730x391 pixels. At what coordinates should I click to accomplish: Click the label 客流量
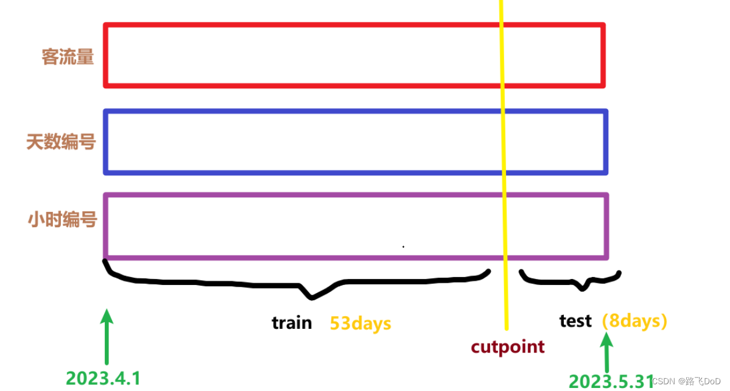click(x=68, y=57)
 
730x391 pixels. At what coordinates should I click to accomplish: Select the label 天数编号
click(x=61, y=142)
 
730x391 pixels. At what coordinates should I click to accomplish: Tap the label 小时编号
click(x=62, y=219)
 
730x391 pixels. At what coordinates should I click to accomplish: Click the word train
click(x=292, y=323)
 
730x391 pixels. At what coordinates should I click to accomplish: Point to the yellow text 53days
click(x=360, y=323)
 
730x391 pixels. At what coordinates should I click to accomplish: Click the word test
click(x=575, y=320)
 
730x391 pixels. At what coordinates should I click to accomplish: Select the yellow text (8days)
click(x=634, y=320)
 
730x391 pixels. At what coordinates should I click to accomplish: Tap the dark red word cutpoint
click(x=508, y=347)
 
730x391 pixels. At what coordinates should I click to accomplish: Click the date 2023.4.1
click(x=103, y=378)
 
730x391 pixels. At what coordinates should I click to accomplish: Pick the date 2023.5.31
click(x=611, y=381)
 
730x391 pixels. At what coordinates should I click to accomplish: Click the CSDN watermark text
click(x=686, y=381)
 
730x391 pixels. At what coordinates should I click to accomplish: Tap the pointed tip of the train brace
click(x=312, y=298)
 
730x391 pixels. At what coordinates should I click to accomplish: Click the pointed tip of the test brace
click(x=583, y=289)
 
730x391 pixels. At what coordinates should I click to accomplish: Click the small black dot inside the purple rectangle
click(x=403, y=247)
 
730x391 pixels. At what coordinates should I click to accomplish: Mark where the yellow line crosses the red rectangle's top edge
click(x=502, y=25)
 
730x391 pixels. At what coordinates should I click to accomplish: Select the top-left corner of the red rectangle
click(x=106, y=25)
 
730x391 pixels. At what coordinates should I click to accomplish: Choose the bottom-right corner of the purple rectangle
click(x=606, y=258)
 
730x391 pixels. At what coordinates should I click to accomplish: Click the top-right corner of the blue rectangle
click(x=606, y=111)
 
